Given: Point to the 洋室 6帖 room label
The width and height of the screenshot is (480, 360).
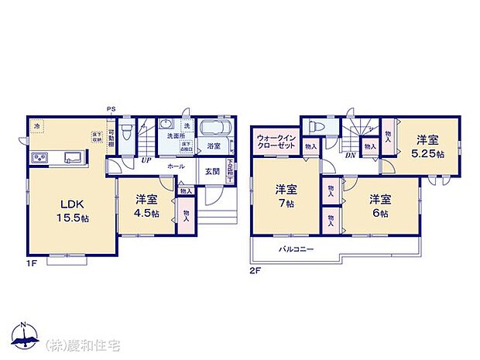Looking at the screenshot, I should (x=379, y=205).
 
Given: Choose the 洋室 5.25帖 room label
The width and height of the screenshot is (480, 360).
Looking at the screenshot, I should (x=427, y=147).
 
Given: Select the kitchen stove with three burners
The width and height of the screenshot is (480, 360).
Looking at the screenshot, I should (x=40, y=159).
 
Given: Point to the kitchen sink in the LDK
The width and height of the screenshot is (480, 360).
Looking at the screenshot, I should (x=73, y=157).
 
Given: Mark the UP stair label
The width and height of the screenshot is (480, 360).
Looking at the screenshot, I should (x=145, y=160).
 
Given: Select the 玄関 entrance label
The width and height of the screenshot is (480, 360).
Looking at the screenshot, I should (x=211, y=172).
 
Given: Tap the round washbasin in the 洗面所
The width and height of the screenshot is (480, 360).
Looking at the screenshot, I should (x=166, y=125).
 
